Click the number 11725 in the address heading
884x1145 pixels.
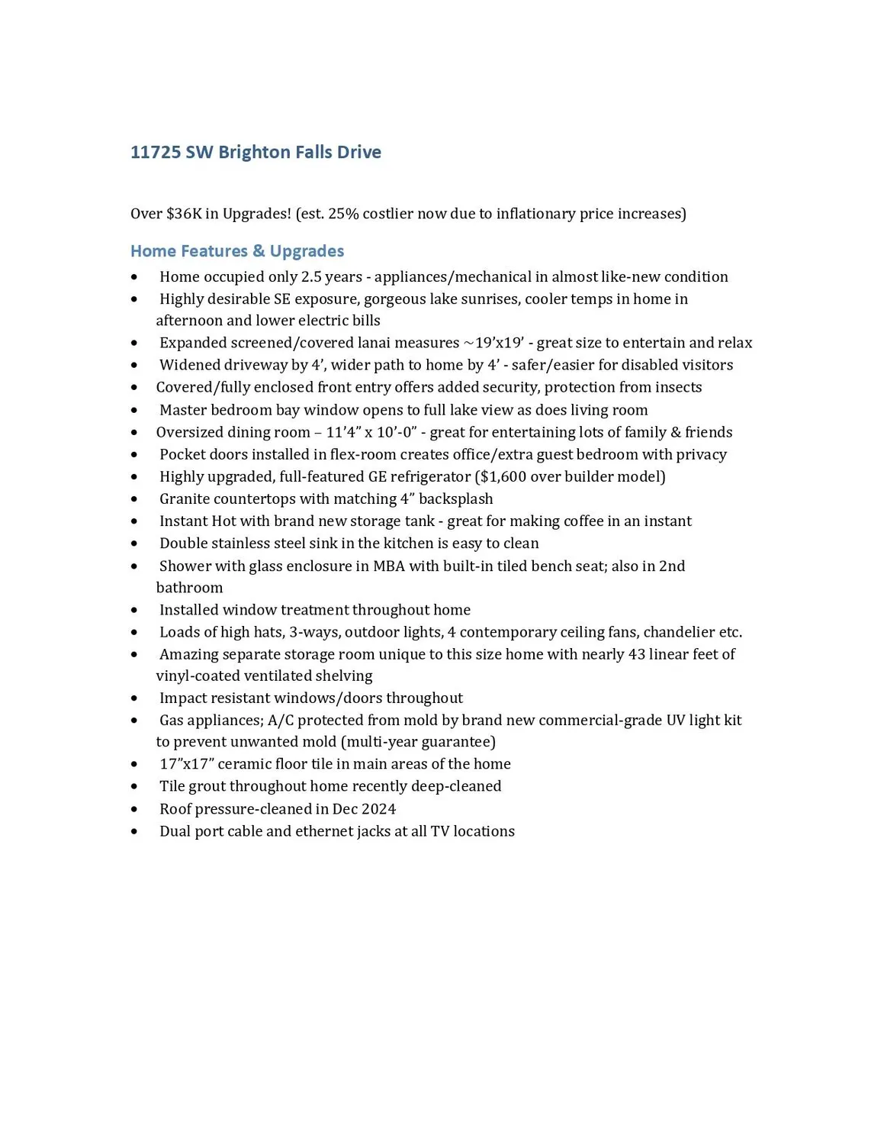pyautogui.click(x=156, y=152)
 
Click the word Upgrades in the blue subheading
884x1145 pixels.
pyautogui.click(x=307, y=251)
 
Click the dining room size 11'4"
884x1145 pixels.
pyautogui.click(x=344, y=432)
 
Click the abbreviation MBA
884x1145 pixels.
pyautogui.click(x=389, y=566)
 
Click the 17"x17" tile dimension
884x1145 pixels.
pyautogui.click(x=186, y=764)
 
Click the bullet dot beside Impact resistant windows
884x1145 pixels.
pyautogui.click(x=134, y=698)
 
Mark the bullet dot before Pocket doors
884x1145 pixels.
pyautogui.click(x=134, y=455)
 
